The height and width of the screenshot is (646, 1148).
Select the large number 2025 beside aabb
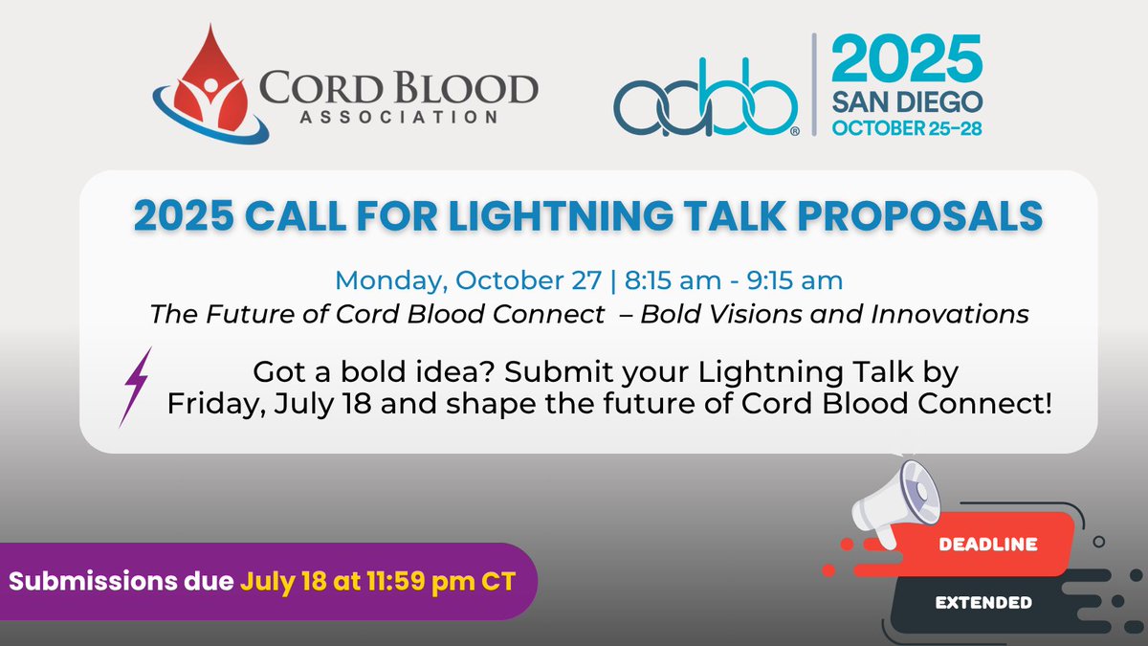[905, 59]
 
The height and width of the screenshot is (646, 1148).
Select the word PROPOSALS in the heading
[923, 216]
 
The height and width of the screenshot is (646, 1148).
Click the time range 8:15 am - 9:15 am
[735, 281]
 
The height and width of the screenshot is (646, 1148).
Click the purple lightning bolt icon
[137, 386]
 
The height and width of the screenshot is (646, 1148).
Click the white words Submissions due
[121, 581]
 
